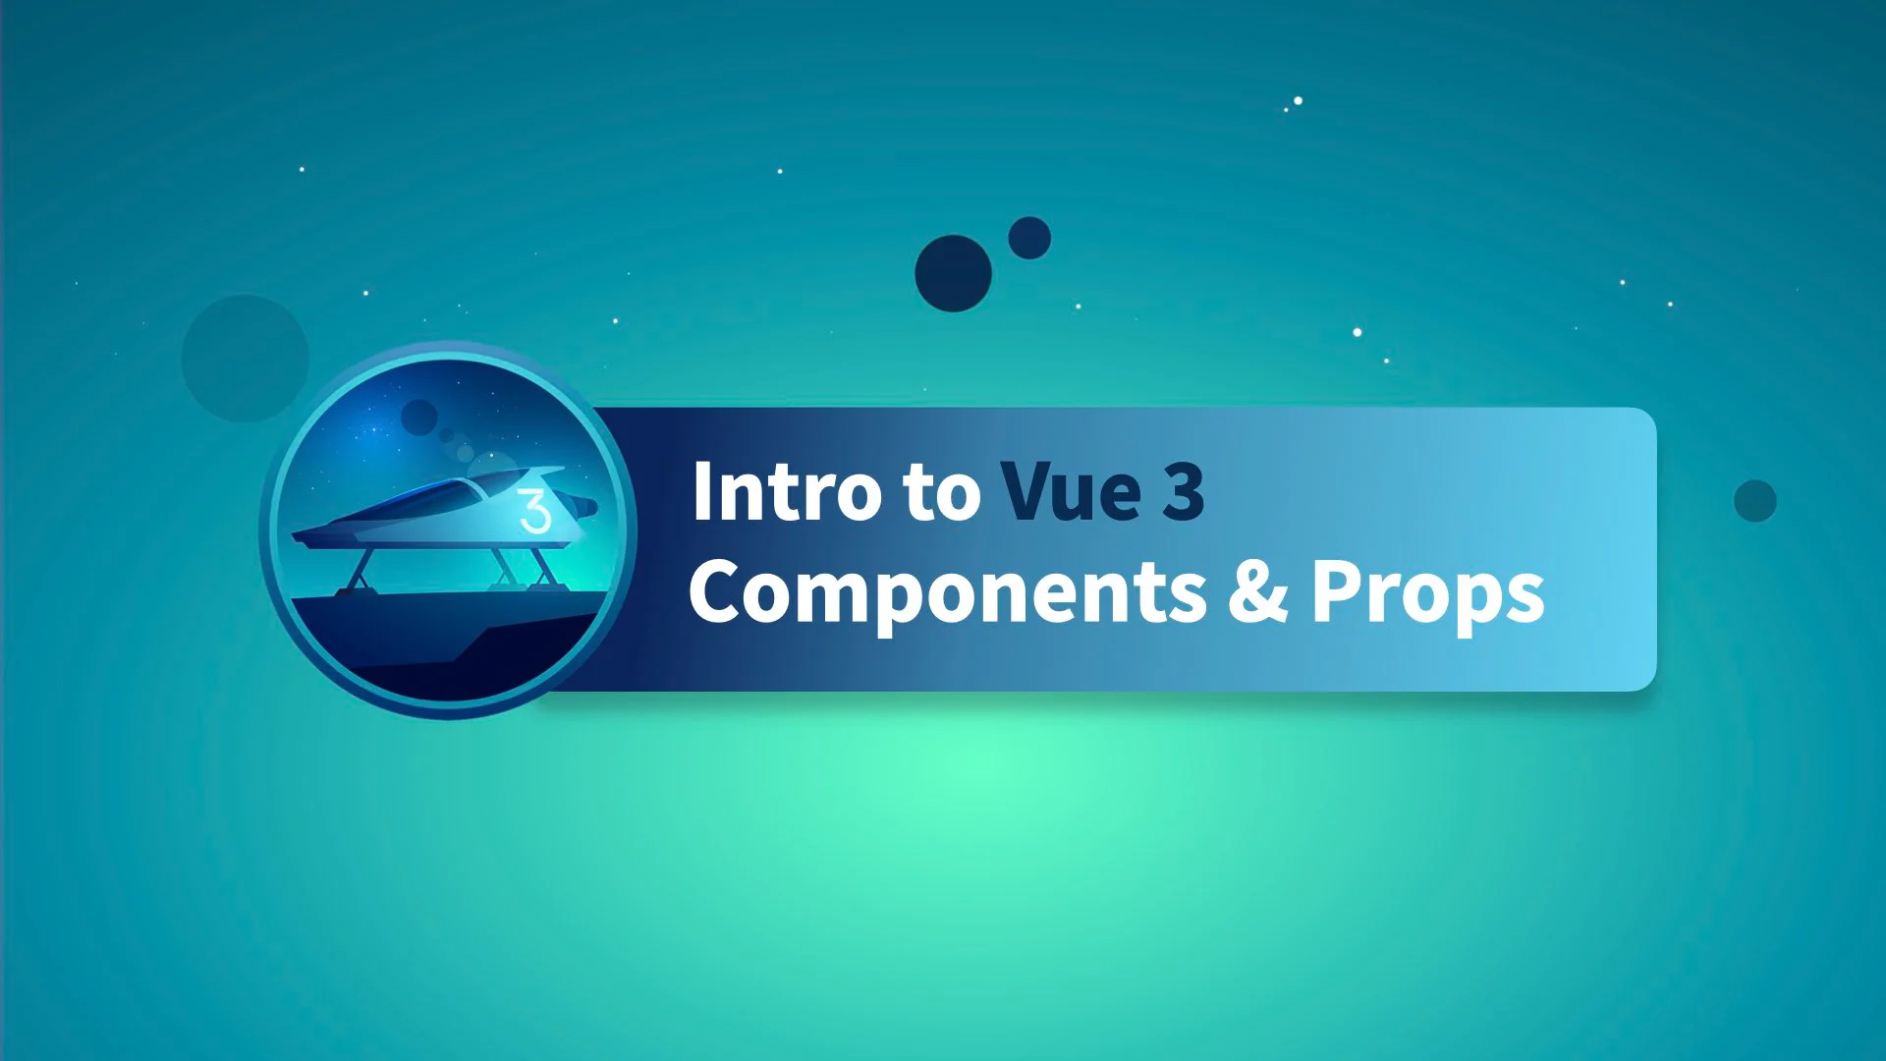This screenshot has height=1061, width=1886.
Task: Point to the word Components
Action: pyautogui.click(x=948, y=593)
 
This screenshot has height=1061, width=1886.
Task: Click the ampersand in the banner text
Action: pyautogui.click(x=1258, y=590)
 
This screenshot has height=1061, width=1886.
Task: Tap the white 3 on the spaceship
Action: pyautogui.click(x=535, y=511)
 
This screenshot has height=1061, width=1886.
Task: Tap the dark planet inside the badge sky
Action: pyautogui.click(x=419, y=417)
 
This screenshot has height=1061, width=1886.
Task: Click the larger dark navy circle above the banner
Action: pyautogui.click(x=953, y=273)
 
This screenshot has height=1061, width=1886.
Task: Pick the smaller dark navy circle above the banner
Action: pyautogui.click(x=1029, y=238)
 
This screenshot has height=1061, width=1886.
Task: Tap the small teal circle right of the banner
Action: pyautogui.click(x=1755, y=501)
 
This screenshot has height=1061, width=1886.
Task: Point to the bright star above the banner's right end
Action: pyautogui.click(x=1358, y=332)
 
